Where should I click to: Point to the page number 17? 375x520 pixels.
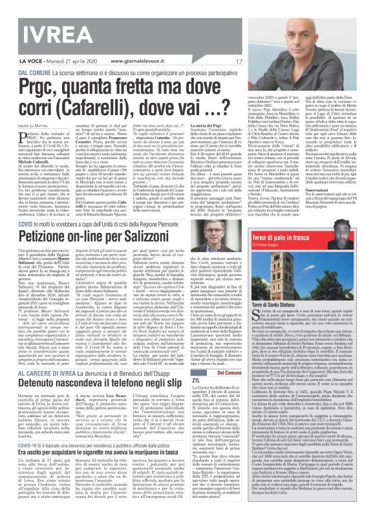220,61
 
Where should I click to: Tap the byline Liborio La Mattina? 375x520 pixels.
34,124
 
